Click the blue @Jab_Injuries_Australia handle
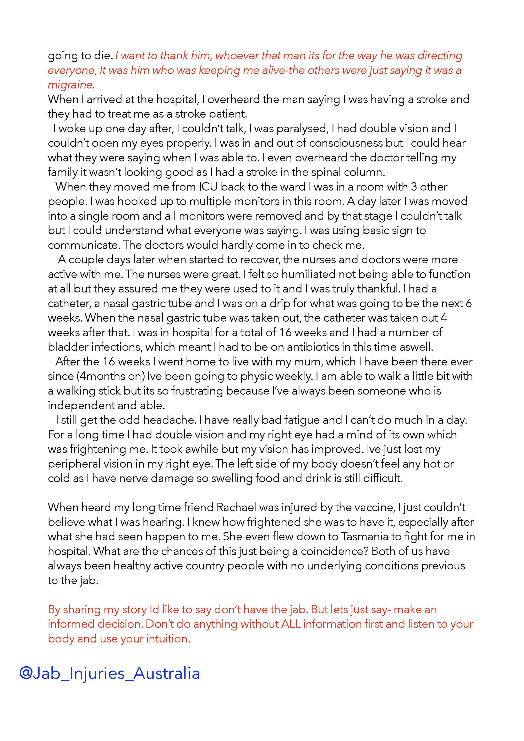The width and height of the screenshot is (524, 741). (110, 673)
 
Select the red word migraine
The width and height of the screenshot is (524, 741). (71, 85)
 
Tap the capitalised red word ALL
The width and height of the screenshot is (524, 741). (291, 624)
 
